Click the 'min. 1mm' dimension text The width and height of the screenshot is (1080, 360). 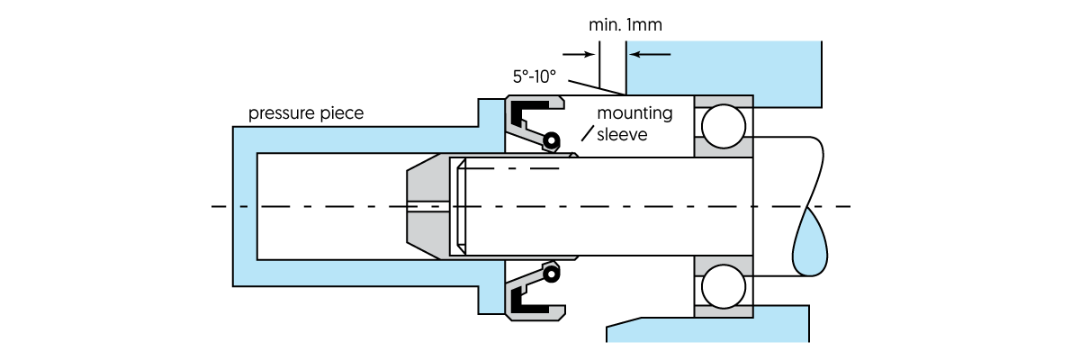(625, 25)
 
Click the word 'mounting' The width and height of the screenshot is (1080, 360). (635, 114)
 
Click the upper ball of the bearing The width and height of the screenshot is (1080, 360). (724, 126)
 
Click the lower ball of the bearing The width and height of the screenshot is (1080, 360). (724, 286)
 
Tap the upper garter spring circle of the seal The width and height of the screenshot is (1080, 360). (550, 140)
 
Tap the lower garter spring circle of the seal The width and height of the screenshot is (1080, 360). (550, 270)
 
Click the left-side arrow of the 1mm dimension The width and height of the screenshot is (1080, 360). (582, 54)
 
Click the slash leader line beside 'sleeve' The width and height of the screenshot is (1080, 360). (588, 134)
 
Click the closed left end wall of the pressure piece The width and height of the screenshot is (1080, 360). (244, 207)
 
